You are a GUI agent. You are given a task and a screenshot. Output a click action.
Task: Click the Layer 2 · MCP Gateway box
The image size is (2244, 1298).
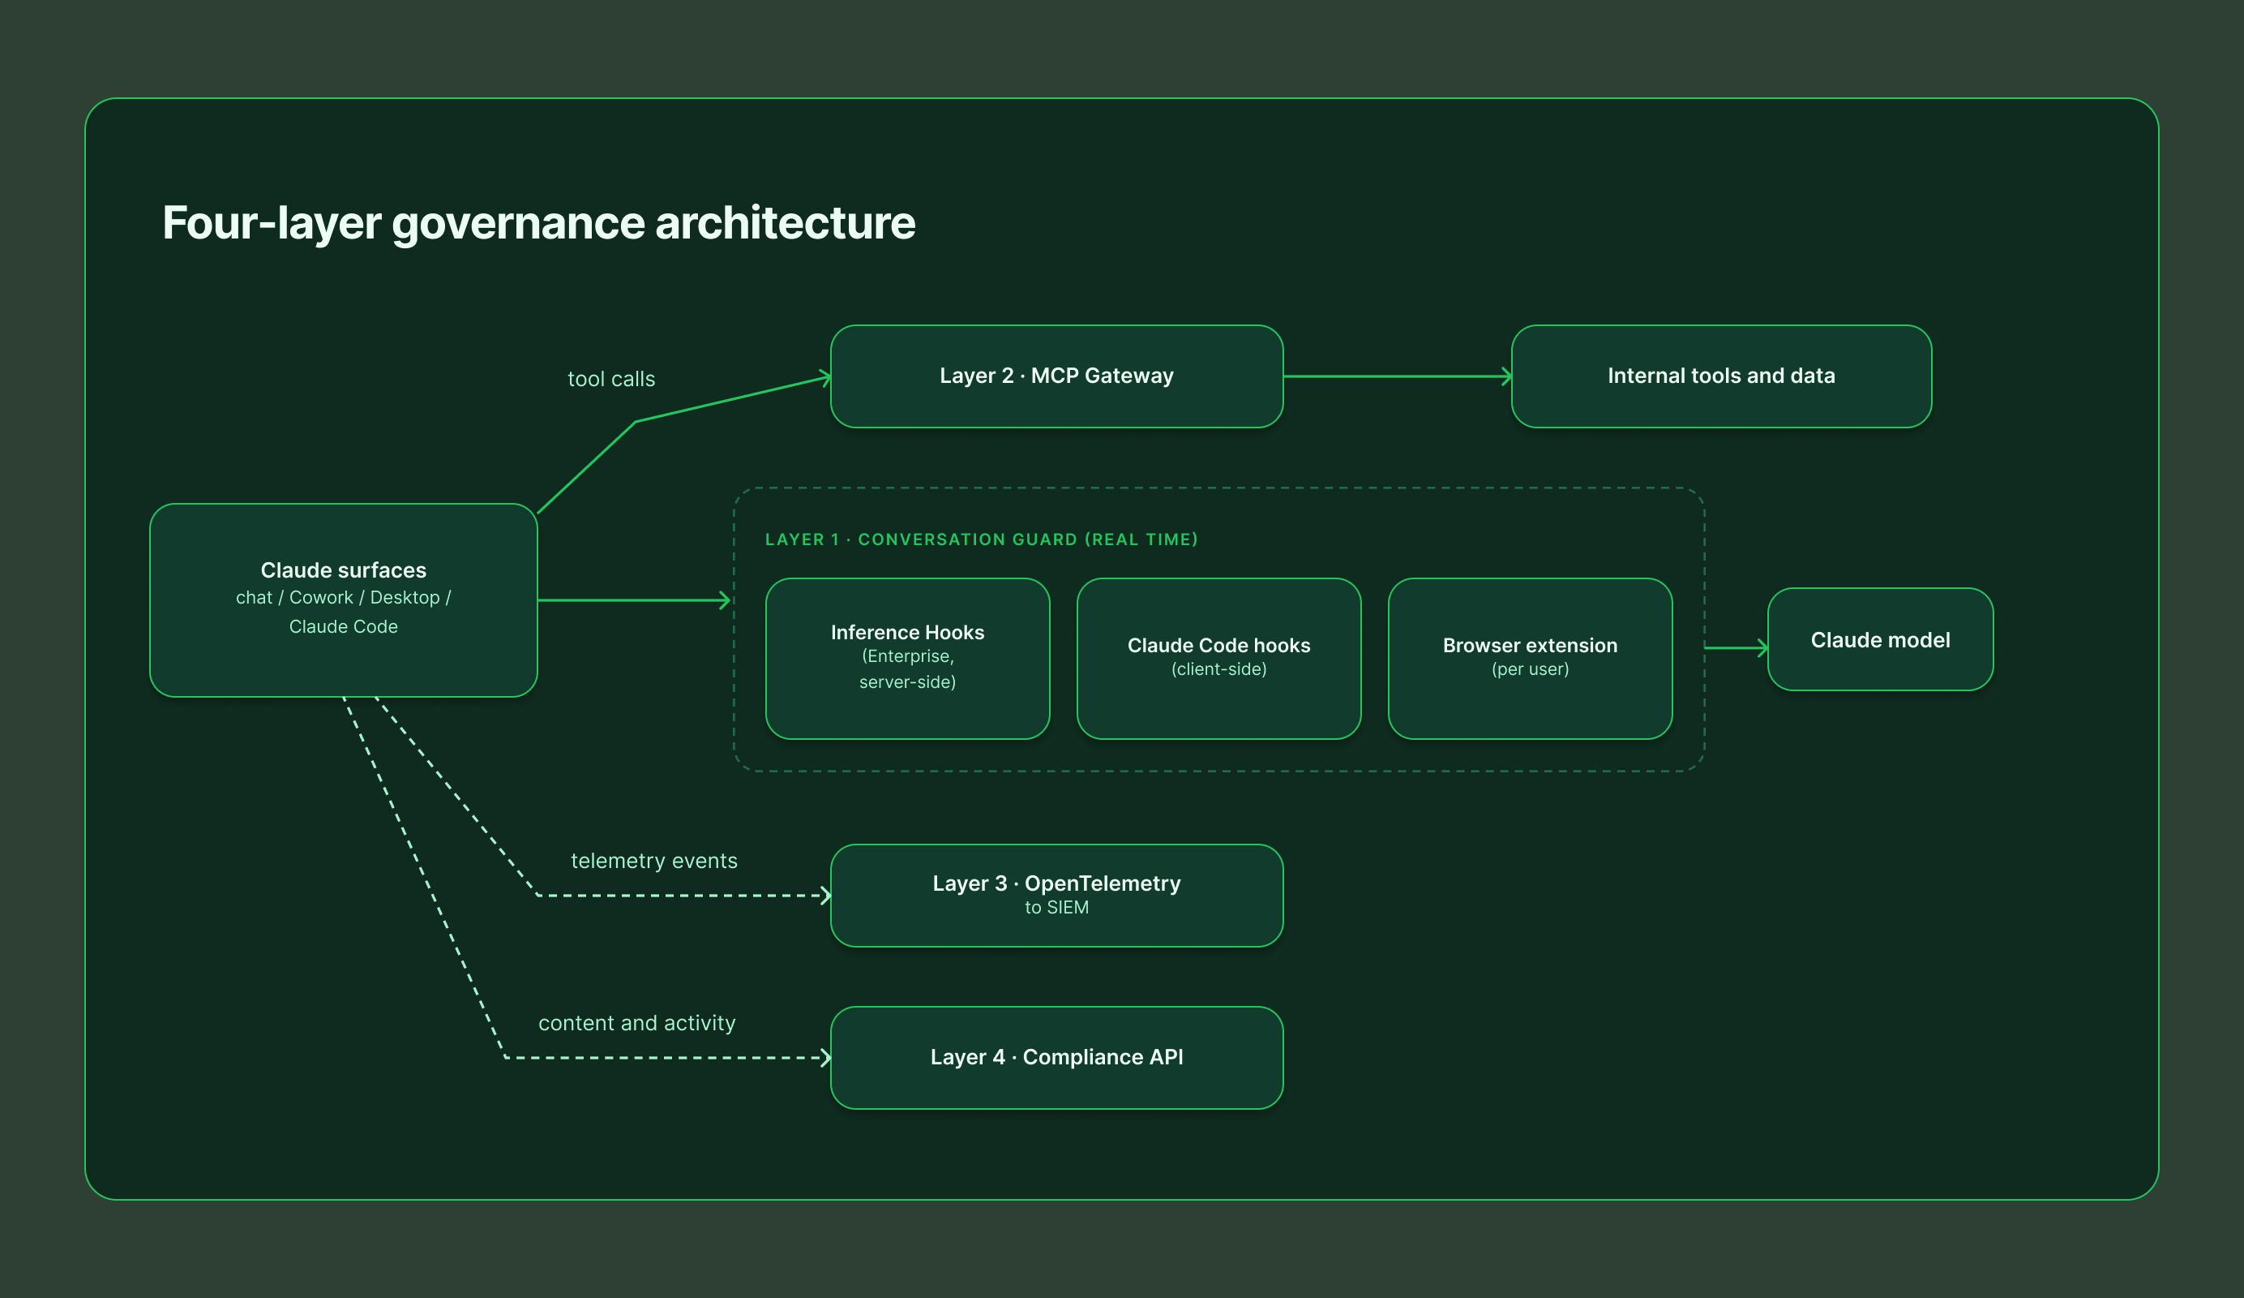point(1056,376)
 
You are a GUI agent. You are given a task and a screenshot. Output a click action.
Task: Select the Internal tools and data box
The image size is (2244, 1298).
point(1720,376)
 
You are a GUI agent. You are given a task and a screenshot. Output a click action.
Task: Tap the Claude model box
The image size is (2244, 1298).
point(1880,639)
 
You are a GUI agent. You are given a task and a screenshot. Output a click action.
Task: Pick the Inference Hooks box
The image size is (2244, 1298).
point(907,659)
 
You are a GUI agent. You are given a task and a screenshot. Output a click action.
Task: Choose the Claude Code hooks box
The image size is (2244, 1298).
point(1219,659)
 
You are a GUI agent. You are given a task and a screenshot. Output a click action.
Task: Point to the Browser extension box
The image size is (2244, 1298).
point(1530,659)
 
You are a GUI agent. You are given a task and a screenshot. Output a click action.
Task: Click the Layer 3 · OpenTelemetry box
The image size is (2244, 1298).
point(1056,896)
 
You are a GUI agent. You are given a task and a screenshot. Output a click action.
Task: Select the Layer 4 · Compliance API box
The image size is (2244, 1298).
point(1056,1058)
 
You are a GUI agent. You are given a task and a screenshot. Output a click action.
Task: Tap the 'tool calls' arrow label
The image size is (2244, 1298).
point(611,379)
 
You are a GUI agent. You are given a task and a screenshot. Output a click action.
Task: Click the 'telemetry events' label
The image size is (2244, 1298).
point(653,861)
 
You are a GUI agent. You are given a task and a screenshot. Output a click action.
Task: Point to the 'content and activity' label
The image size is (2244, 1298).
point(636,1023)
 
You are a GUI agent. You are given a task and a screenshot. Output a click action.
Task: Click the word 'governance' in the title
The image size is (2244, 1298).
point(517,223)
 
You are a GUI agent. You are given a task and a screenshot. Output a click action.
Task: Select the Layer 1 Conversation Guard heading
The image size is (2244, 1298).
point(981,539)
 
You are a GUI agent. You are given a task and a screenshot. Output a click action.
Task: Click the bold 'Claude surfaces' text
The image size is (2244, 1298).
point(343,570)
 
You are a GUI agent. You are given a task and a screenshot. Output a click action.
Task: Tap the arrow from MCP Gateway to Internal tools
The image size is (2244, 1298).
point(1397,376)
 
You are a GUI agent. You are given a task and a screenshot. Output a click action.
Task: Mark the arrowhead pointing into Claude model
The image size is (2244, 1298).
point(1762,647)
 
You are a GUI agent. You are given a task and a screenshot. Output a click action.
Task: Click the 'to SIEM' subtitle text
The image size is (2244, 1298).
point(1056,907)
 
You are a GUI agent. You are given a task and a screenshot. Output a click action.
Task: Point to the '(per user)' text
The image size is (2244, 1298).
point(1530,669)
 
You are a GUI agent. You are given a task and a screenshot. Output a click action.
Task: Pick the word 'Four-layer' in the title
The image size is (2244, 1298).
point(272,223)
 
